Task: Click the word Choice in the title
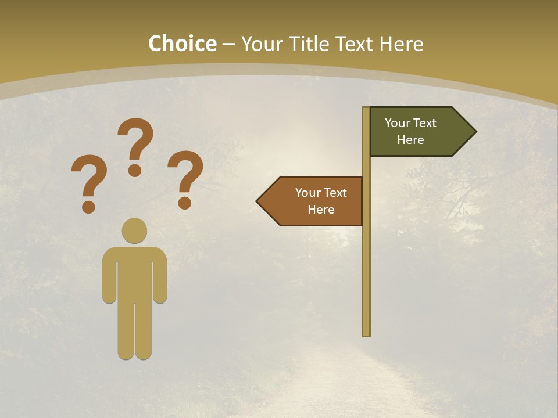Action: tap(182, 44)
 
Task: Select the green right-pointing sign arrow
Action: tap(419, 132)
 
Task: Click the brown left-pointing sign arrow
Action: tap(314, 201)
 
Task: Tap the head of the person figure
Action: tap(134, 230)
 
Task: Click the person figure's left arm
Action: tap(109, 279)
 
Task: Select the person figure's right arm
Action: tap(160, 279)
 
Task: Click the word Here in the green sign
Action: tap(410, 140)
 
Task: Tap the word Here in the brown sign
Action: tap(321, 210)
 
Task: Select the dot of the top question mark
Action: tap(135, 170)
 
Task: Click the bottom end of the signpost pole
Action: tap(366, 333)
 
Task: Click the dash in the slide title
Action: tap(228, 45)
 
